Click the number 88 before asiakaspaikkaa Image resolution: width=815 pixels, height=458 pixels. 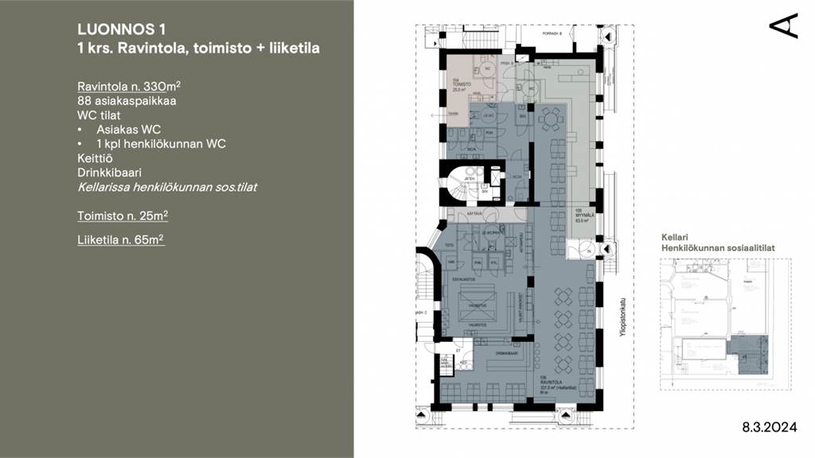point(84,100)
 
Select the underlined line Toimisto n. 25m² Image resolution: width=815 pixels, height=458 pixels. point(123,215)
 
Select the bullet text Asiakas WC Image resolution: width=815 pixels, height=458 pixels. point(129,129)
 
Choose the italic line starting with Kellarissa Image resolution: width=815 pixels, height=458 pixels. point(166,188)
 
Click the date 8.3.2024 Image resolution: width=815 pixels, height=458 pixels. point(769,427)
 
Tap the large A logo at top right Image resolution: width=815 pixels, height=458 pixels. point(783,25)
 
